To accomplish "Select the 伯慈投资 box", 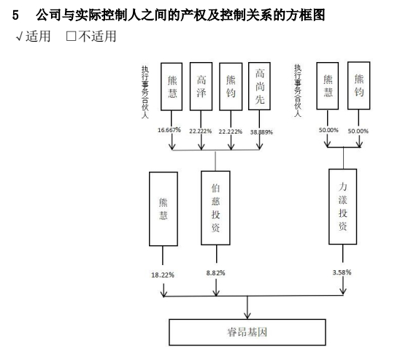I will [x=216, y=208].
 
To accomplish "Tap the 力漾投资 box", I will [x=343, y=209].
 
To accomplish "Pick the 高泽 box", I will [x=201, y=86].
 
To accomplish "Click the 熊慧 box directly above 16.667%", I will [x=172, y=86].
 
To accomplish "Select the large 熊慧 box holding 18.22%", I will [x=163, y=208].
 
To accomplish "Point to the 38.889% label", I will [x=261, y=131].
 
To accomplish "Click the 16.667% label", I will [x=169, y=130].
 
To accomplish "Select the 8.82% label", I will [x=215, y=273].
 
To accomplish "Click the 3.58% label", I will [x=342, y=272].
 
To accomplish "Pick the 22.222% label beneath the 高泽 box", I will [x=201, y=131].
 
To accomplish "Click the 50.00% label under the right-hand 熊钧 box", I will [x=358, y=131].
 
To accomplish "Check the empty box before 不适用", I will [x=71, y=36].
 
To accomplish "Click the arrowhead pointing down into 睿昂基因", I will [x=249, y=313].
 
